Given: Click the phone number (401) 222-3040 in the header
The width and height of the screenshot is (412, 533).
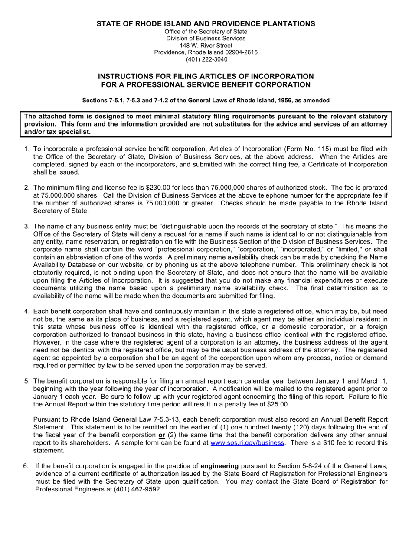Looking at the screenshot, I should pyautogui.click(x=206, y=59).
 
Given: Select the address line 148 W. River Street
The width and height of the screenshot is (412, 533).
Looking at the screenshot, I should pyautogui.click(x=206, y=45).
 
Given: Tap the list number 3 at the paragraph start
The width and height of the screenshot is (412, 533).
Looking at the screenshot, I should pyautogui.click(x=26, y=226).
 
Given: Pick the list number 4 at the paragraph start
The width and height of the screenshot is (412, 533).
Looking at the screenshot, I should pyautogui.click(x=26, y=311).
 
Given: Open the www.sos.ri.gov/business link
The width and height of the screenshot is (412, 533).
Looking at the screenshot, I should pyautogui.click(x=247, y=443).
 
